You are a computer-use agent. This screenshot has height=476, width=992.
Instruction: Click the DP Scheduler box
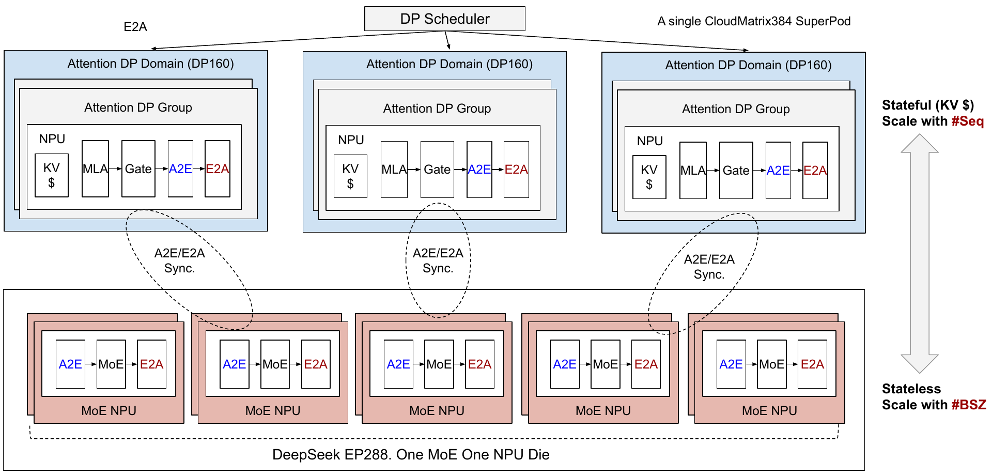click(x=445, y=19)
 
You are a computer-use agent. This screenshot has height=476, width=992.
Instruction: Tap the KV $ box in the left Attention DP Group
click(x=52, y=175)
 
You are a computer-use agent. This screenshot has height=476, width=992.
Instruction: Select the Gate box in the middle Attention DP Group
click(x=437, y=170)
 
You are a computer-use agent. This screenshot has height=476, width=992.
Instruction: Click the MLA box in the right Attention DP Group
click(x=693, y=171)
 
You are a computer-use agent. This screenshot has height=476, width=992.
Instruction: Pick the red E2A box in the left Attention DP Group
click(x=218, y=169)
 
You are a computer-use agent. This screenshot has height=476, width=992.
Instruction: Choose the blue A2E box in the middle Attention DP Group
click(x=479, y=170)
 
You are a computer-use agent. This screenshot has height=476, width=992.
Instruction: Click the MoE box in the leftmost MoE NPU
click(x=111, y=364)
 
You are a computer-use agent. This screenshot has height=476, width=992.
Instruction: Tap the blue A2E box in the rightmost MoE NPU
click(x=731, y=364)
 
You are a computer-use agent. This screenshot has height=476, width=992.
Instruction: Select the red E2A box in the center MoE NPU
click(x=479, y=364)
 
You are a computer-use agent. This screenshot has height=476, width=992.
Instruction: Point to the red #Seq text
click(x=968, y=121)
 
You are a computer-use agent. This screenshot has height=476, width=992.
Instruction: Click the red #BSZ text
click(x=969, y=405)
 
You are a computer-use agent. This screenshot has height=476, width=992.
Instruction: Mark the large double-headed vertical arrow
click(x=920, y=253)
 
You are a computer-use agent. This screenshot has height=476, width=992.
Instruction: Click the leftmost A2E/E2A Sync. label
click(x=180, y=260)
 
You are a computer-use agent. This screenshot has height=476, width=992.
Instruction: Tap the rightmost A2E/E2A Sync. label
click(x=709, y=267)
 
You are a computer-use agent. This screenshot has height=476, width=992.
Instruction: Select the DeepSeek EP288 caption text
click(x=411, y=455)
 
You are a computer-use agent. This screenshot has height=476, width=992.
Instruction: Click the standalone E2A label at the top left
click(x=135, y=27)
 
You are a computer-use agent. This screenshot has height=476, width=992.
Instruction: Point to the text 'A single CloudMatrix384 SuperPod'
click(x=754, y=21)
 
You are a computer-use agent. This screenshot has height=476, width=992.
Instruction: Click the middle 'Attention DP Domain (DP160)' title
click(x=450, y=64)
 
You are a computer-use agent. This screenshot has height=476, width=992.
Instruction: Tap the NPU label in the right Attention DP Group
click(x=650, y=141)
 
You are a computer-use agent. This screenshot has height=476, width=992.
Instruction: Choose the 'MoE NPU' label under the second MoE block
click(x=273, y=411)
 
